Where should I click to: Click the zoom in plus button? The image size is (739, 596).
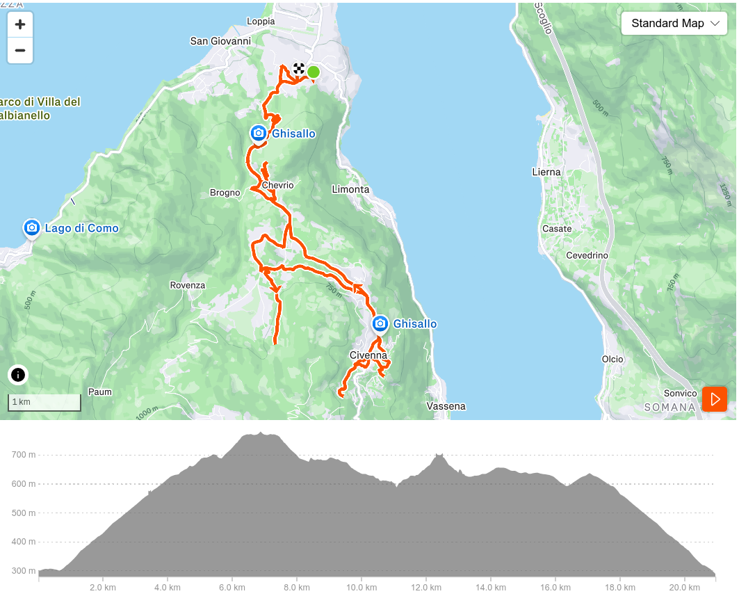(x=20, y=25)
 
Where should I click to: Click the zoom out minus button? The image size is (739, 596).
(x=20, y=50)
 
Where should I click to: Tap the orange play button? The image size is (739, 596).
(x=714, y=399)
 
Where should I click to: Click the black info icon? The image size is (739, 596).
(x=18, y=375)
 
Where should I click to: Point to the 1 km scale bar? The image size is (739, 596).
(x=44, y=403)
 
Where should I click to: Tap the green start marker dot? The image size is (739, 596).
(x=314, y=72)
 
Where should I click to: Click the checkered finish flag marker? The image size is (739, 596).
(x=299, y=68)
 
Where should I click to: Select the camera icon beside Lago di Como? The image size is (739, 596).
(x=31, y=227)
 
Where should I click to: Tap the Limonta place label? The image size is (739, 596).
(x=350, y=189)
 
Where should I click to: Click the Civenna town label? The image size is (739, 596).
(x=368, y=355)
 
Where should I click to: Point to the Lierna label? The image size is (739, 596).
(x=546, y=172)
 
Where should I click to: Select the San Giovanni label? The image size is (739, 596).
(x=220, y=41)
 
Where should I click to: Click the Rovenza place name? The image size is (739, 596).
(x=188, y=285)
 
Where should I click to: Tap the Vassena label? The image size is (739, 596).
(x=446, y=406)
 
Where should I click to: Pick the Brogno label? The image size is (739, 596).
(x=225, y=193)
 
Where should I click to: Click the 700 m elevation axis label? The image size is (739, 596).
(x=23, y=455)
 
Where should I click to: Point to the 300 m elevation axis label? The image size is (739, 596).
(x=23, y=571)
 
